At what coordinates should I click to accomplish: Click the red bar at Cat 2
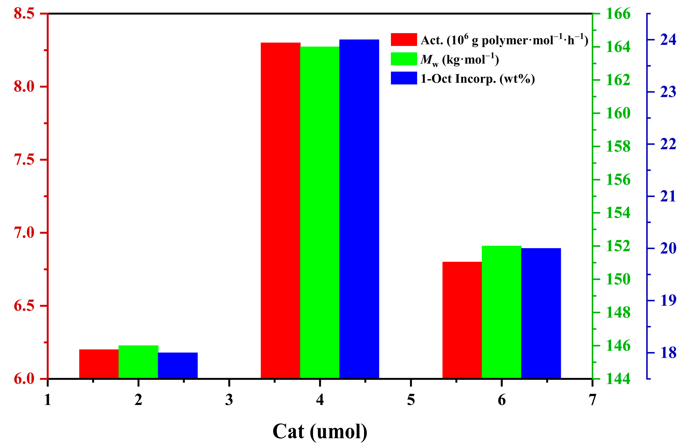pyautogui.click(x=99, y=364)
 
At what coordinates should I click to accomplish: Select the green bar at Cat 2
pyautogui.click(x=138, y=362)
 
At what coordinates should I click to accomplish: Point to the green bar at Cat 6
pyautogui.click(x=501, y=312)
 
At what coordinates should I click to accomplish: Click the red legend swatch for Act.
pyautogui.click(x=403, y=39)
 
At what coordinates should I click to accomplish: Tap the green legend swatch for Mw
pyautogui.click(x=403, y=59)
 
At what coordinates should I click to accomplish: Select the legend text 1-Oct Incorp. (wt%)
pyautogui.click(x=477, y=78)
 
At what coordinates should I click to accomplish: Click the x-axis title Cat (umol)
pyautogui.click(x=320, y=431)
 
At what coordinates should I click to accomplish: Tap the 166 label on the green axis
pyautogui.click(x=618, y=13)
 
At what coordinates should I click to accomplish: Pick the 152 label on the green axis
pyautogui.click(x=618, y=246)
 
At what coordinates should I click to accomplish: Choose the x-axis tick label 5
pyautogui.click(x=411, y=400)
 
